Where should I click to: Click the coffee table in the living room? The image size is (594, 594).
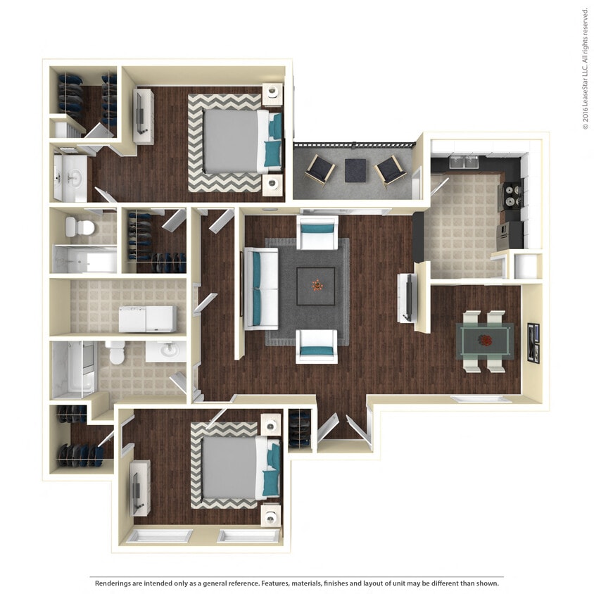[316, 286]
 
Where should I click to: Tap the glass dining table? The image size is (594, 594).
[486, 341]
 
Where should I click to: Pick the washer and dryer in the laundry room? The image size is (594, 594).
[146, 319]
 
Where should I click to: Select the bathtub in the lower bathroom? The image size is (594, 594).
[72, 369]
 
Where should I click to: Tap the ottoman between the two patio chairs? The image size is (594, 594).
[355, 170]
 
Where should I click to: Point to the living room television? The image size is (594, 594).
[407, 298]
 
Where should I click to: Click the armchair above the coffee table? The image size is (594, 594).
[317, 232]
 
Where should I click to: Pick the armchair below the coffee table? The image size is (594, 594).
[316, 345]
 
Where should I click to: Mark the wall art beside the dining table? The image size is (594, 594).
[533, 342]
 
